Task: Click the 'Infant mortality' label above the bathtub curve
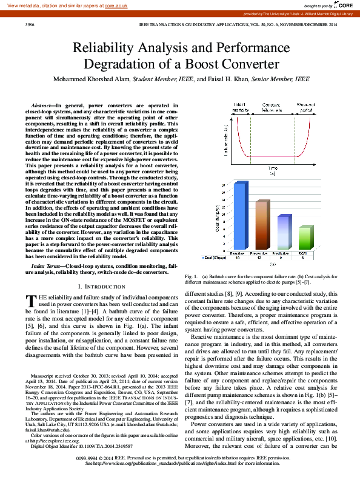(240, 107)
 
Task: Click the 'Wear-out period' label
(305, 107)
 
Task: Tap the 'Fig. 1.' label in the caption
(191, 276)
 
